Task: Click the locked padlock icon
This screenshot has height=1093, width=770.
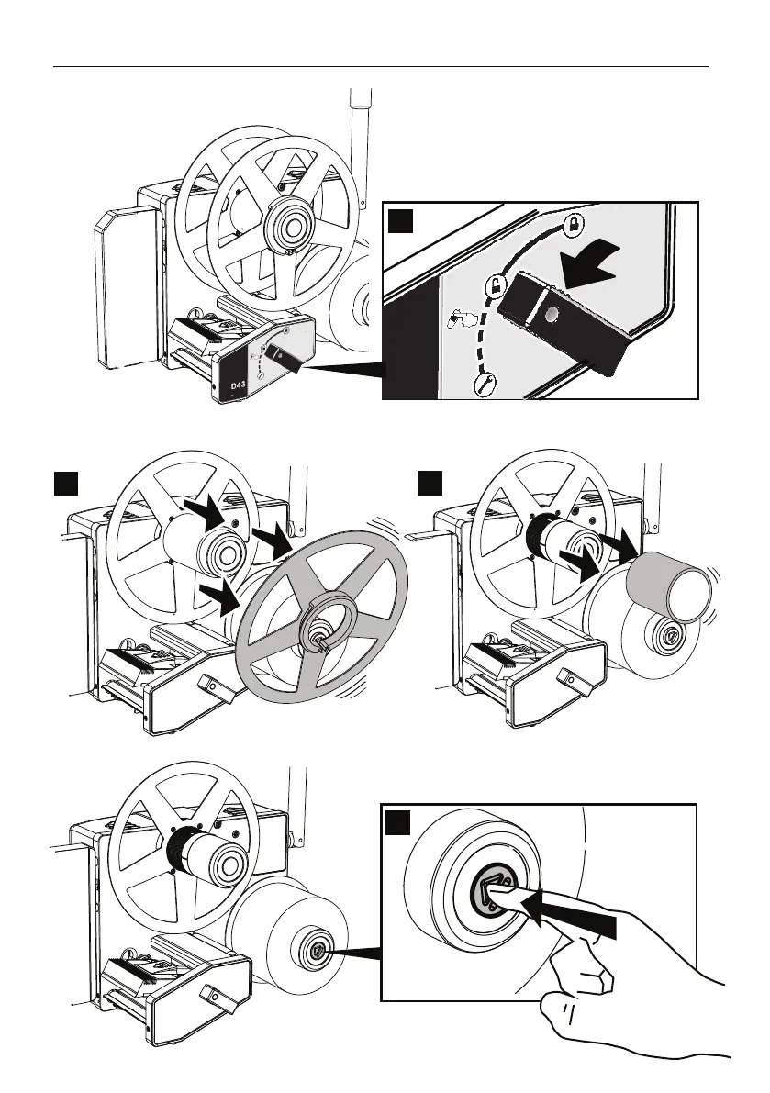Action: [x=573, y=223]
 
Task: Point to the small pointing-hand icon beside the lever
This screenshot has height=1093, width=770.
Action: [x=462, y=319]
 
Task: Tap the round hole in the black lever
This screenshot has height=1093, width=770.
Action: [x=549, y=316]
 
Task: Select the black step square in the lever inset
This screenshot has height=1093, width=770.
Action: [x=400, y=223]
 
